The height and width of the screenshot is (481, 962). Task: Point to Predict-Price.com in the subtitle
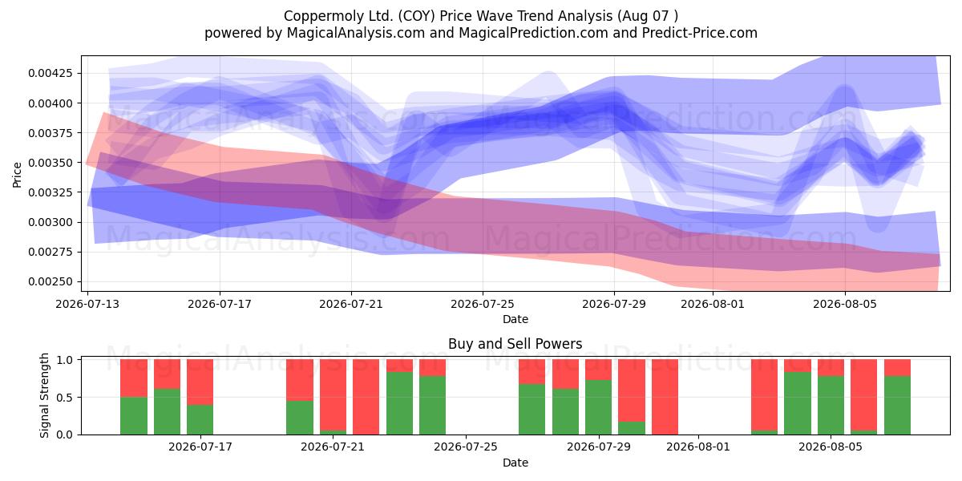pos(700,33)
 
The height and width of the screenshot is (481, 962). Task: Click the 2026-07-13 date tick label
pos(87,304)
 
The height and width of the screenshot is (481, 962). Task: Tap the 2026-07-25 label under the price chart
pos(483,304)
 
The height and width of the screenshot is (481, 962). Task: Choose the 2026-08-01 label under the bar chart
pos(698,447)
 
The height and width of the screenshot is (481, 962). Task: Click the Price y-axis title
pos(17,175)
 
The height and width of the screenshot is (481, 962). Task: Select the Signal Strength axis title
pos(44,395)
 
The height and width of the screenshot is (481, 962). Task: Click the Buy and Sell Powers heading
pos(515,344)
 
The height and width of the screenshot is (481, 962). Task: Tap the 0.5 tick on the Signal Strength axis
pos(64,398)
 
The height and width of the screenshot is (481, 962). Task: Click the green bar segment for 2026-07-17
pos(200,419)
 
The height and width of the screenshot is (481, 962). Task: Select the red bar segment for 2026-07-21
pos(333,394)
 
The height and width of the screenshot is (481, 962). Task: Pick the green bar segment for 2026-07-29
pos(598,407)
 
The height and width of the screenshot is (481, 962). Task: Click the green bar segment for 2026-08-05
pos(831,406)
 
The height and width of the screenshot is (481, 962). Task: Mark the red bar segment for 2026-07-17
pos(200,382)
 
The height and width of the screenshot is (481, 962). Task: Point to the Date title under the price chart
pos(515,320)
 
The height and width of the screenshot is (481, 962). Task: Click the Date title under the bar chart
pos(515,463)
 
